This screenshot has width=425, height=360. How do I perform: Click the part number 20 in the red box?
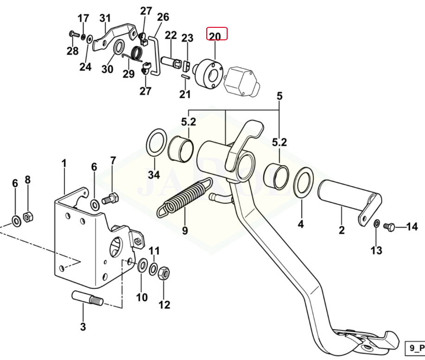[215, 35]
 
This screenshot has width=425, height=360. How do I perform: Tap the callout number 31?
[105, 19]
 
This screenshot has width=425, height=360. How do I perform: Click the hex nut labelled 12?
[164, 273]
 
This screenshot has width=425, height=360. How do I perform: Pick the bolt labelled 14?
[389, 227]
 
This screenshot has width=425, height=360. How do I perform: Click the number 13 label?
[376, 251]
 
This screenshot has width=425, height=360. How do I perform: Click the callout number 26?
[163, 18]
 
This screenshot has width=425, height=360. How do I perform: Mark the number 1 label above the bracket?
[64, 163]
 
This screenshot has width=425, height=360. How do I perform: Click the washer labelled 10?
[141, 265]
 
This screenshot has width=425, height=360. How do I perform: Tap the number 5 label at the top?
[279, 96]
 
